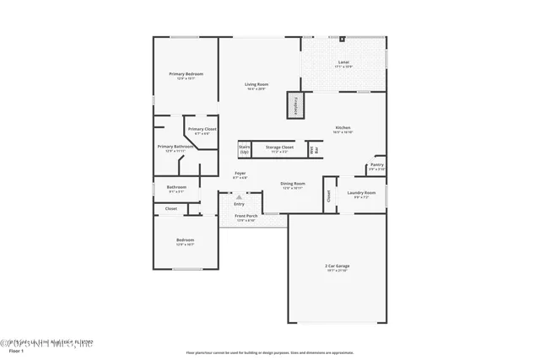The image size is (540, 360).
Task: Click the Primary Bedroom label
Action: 186,74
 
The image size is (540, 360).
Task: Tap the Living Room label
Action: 256,85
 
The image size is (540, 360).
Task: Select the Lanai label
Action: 343,62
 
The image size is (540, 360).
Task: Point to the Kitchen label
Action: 343,128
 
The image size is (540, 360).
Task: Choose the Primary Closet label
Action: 202,130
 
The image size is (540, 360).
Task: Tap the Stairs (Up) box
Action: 245,149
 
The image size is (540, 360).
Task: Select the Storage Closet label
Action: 279,148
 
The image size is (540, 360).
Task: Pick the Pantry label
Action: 376,165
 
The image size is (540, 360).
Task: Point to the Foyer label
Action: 240,175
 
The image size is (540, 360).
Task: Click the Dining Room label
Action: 293,184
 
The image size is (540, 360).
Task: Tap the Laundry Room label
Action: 361,193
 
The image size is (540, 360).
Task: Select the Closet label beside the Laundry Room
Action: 328,196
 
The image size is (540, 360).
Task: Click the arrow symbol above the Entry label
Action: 239,198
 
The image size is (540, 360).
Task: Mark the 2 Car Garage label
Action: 337,267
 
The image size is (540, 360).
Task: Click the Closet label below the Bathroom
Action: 171,208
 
